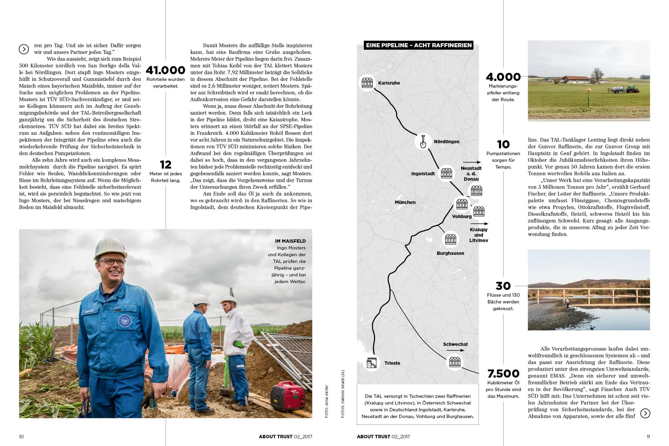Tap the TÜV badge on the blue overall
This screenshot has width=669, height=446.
point(125,321)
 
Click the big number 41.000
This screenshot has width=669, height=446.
point(166,70)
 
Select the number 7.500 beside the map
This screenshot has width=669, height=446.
point(503,374)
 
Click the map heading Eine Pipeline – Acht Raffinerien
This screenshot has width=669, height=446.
point(418,45)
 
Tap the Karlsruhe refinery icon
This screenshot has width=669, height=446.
point(367,83)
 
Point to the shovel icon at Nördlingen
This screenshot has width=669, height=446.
point(423,141)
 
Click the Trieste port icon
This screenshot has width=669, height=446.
point(372,363)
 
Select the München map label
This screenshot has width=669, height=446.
point(405,202)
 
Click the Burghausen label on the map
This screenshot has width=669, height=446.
point(450,253)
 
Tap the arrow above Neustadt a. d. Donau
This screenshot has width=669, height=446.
point(471,162)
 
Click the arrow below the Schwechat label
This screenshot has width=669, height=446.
point(455,350)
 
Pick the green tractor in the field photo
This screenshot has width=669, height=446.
point(632,89)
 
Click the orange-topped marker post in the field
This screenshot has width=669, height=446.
point(588,90)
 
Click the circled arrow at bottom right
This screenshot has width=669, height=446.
point(645,413)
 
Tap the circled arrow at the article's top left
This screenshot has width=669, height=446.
point(24,49)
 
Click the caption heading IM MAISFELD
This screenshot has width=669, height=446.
point(290,241)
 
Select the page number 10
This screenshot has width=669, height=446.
point(21,437)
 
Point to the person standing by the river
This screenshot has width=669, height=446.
point(568,302)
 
